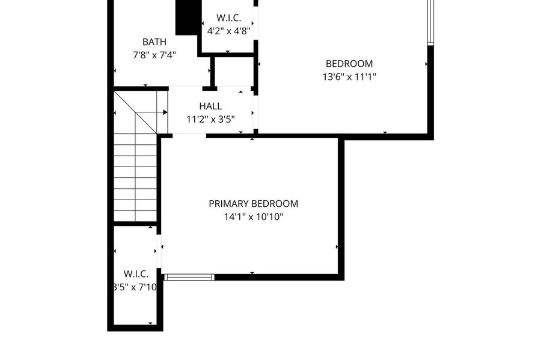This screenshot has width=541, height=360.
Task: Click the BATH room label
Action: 154,42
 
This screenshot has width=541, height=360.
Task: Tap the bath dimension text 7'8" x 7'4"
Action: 154,55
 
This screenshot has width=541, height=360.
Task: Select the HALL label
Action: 210,106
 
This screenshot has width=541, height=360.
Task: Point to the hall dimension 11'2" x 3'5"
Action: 210,120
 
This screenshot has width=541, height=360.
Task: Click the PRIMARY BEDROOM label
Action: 254,204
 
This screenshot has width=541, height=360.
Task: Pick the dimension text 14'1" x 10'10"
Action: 254,217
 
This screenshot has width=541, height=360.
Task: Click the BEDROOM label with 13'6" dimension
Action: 349,64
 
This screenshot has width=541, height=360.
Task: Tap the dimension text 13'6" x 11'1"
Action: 349,76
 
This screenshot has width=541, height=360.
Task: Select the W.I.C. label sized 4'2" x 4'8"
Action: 229,18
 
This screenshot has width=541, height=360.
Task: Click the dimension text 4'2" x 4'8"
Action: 229,31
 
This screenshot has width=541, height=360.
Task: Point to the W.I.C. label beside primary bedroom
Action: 136,274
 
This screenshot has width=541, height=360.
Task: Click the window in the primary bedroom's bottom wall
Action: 189,277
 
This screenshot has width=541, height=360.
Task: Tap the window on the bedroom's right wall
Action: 430,22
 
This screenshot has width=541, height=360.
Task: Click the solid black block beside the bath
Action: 188,17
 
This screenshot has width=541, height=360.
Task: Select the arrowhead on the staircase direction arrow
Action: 166,112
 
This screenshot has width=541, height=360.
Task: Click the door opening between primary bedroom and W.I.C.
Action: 159,251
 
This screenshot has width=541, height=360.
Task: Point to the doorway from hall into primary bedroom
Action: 189,135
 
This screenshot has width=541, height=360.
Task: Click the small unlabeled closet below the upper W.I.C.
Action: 233,72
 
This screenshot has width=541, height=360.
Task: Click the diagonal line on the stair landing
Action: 135,112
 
